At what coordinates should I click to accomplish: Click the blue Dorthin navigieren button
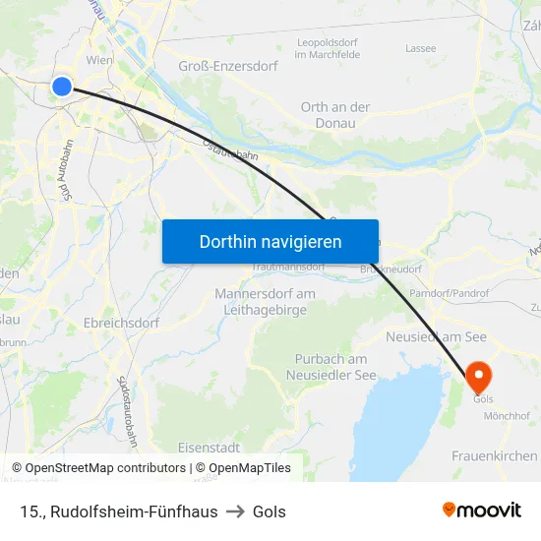270,241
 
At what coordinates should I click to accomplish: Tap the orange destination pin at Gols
479,375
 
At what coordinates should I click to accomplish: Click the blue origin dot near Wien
62,87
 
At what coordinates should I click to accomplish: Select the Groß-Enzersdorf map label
228,66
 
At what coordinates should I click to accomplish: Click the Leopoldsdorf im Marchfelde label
329,48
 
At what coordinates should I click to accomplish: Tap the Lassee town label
420,47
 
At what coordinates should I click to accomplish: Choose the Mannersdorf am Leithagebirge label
266,302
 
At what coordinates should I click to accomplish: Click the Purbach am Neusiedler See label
331,367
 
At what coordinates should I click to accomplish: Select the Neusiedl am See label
437,336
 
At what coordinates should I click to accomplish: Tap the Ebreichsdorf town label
122,322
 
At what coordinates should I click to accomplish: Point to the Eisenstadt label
210,447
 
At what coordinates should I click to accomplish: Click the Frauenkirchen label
495,455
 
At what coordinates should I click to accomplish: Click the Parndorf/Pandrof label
450,293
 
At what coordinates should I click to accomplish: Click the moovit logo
481,510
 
